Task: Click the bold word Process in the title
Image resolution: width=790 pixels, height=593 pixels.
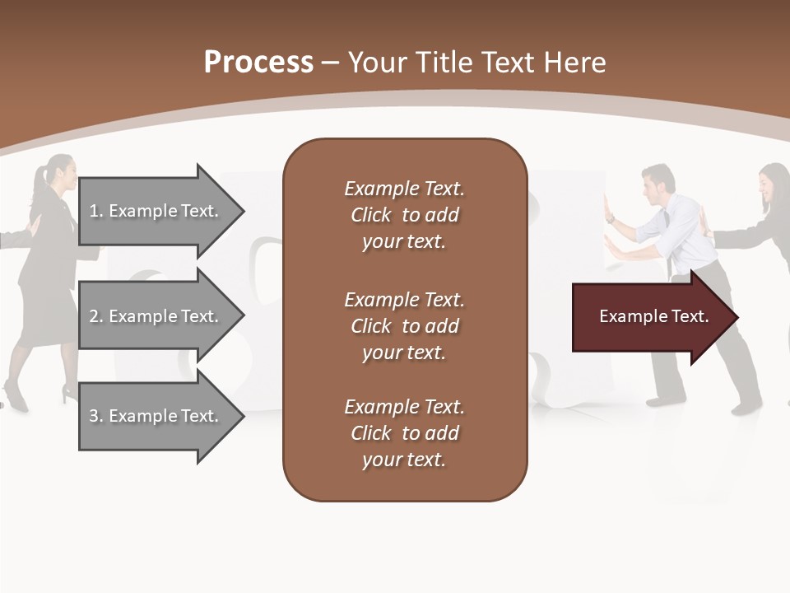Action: [x=258, y=63]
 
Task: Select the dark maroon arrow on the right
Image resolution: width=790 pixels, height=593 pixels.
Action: [x=650, y=317]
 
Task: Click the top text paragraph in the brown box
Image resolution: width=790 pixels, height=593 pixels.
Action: [x=404, y=215]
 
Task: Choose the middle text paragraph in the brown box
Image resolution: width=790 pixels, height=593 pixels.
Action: [x=404, y=325]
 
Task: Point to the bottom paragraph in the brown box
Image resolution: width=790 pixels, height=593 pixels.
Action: [x=404, y=433]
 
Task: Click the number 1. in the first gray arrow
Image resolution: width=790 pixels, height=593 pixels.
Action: [x=96, y=211]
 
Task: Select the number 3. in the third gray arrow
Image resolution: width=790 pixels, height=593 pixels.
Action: [x=96, y=416]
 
